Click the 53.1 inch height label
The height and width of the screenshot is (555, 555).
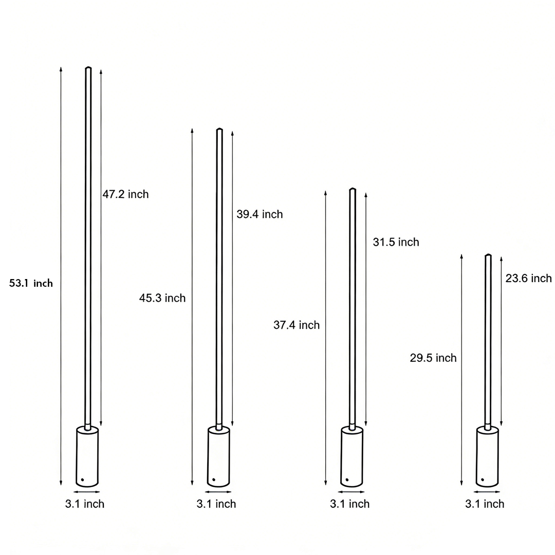tap(31, 283)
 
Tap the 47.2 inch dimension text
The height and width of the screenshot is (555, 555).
tap(125, 194)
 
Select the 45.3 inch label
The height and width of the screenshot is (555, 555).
tap(162, 298)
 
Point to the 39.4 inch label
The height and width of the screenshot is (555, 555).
tap(260, 214)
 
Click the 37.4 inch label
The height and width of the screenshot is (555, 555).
tap(297, 325)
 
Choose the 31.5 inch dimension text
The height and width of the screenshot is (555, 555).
tap(396, 242)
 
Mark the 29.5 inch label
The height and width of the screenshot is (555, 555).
tap(433, 358)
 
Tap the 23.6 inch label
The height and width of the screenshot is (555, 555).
tap(528, 278)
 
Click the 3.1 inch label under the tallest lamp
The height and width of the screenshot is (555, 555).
tap(85, 504)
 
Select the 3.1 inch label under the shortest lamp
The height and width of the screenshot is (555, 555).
tap(485, 504)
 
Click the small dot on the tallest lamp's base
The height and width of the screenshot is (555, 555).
tap(82, 479)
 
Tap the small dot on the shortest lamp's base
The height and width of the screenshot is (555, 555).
tap(482, 479)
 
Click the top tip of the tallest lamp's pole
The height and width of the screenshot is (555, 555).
tap(88, 68)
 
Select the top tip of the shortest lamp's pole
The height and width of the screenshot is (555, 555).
tap(488, 255)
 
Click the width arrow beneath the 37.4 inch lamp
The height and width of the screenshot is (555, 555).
tap(352, 492)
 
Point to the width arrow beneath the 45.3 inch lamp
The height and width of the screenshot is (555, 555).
tap(219, 492)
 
